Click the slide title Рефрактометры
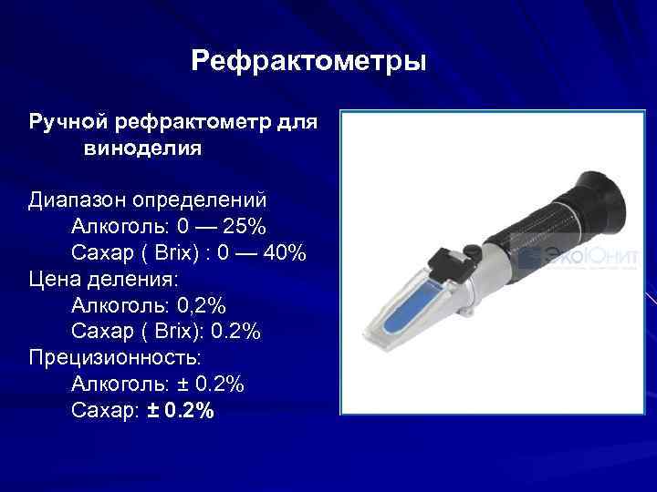[x=308, y=63]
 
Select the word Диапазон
[x=78, y=199]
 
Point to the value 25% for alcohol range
[x=245, y=225]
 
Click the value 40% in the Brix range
[x=285, y=251]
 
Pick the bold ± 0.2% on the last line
[x=181, y=412]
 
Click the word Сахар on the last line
[x=104, y=412]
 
